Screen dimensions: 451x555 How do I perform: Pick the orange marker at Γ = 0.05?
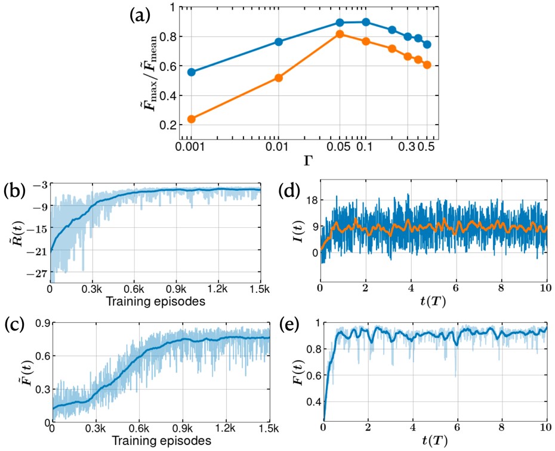340,34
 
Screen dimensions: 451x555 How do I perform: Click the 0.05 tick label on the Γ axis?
338,147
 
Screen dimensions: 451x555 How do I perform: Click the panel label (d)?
292,193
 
